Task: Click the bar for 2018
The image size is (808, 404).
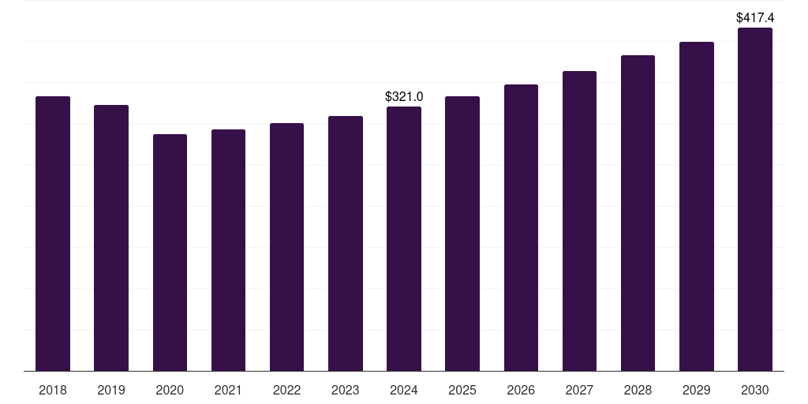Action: [53, 234]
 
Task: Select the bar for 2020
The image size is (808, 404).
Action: [170, 252]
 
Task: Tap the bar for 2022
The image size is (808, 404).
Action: [287, 247]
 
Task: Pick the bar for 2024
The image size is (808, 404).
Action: [404, 238]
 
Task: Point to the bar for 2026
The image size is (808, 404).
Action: [521, 228]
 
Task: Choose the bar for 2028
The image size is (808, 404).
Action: [638, 213]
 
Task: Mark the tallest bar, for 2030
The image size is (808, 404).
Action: [755, 200]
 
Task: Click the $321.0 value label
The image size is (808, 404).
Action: [404, 96]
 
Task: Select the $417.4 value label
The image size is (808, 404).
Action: [755, 17]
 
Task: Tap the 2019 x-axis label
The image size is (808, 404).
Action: [111, 390]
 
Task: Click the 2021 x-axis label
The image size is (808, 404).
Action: [228, 390]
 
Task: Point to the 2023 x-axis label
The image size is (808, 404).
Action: [346, 390]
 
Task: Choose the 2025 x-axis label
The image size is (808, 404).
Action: [462, 390]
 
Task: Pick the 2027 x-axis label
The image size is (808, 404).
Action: [579, 390]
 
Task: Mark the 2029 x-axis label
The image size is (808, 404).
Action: [696, 390]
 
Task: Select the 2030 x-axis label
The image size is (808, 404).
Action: [755, 390]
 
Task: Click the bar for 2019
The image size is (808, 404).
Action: [111, 238]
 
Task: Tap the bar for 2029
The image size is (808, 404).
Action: [697, 206]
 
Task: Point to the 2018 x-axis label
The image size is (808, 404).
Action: [53, 390]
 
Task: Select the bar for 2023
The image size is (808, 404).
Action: [346, 243]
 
